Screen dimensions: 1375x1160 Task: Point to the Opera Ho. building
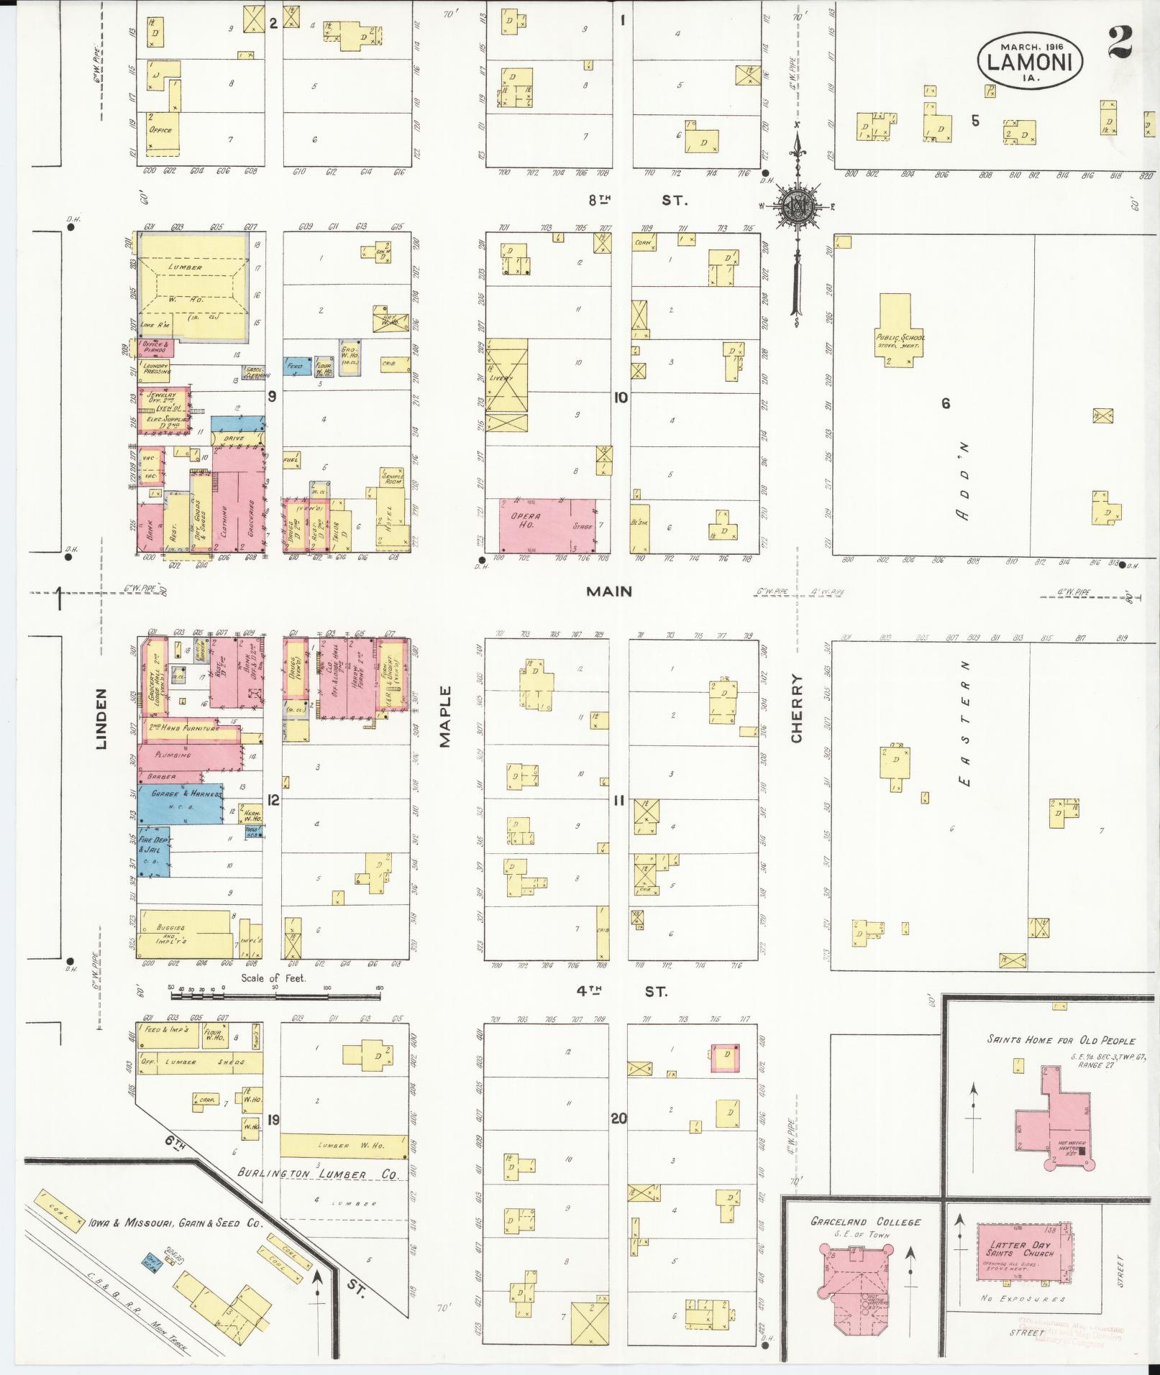(x=547, y=525)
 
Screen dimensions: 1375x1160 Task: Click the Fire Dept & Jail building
(x=154, y=850)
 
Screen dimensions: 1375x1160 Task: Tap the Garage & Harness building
(x=179, y=804)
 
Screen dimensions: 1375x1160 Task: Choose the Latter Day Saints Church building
(x=1019, y=1251)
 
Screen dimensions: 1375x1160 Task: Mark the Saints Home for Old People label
(x=1061, y=1040)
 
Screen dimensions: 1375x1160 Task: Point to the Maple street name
(x=445, y=716)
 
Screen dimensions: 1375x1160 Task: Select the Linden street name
(x=100, y=719)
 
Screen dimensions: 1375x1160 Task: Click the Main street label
(x=608, y=592)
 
